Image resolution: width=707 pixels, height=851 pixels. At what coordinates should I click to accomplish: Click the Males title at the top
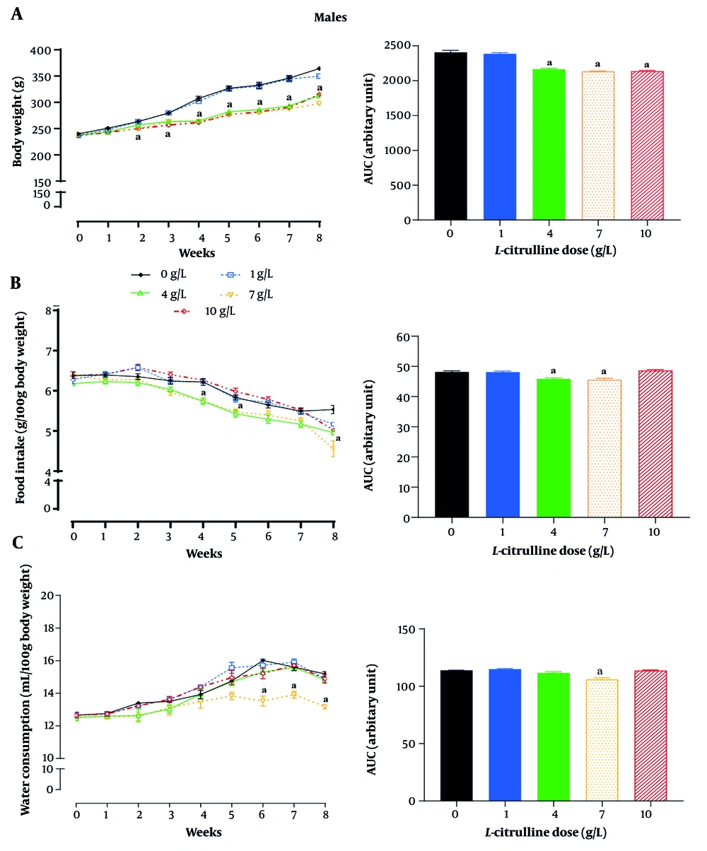330,18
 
